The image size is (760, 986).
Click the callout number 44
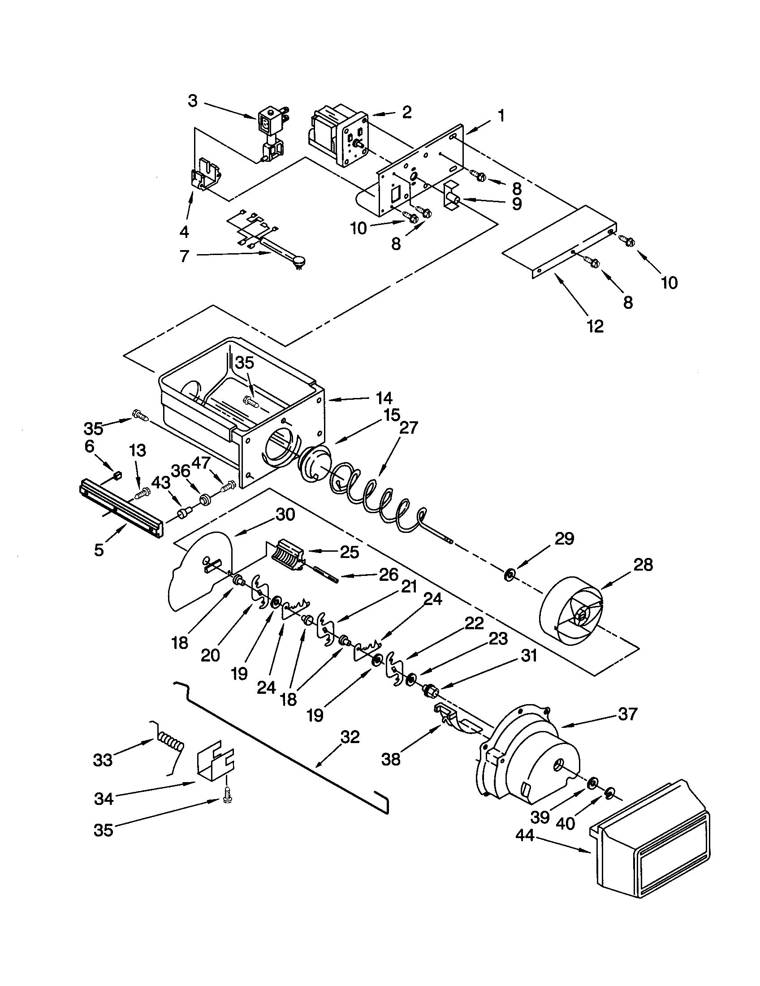point(525,836)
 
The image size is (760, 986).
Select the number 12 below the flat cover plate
point(595,326)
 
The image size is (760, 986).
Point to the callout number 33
point(103,760)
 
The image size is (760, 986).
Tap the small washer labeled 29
point(510,575)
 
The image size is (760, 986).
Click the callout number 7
point(184,255)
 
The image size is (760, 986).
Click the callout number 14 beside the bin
point(384,398)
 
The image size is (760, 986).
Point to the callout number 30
point(285,514)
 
